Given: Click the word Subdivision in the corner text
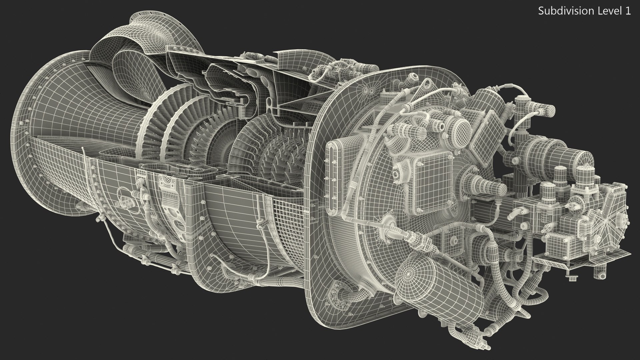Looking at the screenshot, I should (560, 11).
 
